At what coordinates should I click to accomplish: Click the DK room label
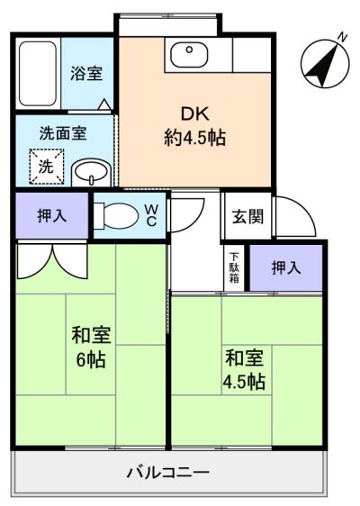193,114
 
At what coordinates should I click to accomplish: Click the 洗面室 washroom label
62,132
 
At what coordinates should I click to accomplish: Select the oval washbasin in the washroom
89,170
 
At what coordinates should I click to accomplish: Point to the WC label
151,215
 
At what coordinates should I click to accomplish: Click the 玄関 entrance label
247,216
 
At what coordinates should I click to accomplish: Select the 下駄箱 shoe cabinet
233,267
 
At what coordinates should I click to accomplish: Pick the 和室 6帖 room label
91,347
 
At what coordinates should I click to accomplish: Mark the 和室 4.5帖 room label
244,369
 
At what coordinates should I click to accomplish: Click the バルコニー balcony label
167,472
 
